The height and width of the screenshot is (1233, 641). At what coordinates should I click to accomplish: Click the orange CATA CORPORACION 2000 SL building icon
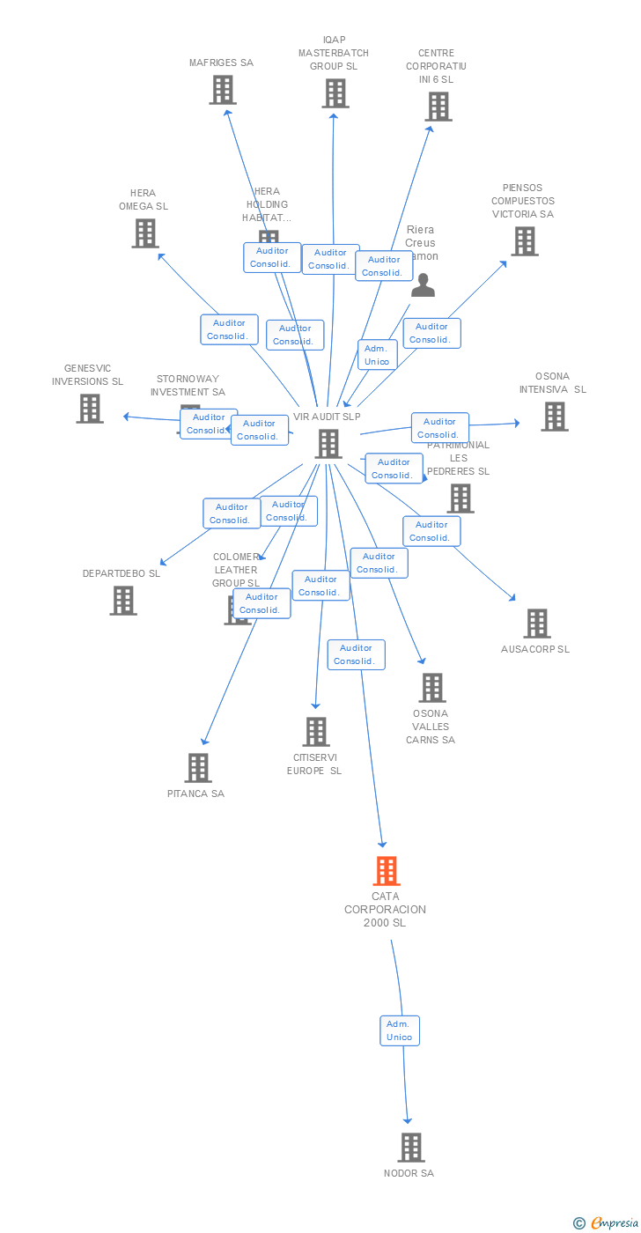(x=387, y=871)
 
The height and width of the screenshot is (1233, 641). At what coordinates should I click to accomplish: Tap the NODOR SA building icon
(x=411, y=1148)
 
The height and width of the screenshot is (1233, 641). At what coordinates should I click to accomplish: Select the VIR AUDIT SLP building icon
(x=328, y=444)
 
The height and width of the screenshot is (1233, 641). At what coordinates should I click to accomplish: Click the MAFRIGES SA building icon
(x=223, y=90)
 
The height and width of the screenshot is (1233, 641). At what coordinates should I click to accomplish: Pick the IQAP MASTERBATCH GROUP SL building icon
(x=335, y=93)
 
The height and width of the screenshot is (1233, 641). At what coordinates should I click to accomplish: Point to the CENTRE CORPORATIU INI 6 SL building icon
(x=438, y=107)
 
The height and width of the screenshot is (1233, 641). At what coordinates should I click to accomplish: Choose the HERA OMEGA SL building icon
(x=145, y=233)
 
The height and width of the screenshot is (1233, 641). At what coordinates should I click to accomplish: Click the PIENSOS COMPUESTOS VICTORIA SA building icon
(x=524, y=241)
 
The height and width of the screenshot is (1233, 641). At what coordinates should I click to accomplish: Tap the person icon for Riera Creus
(x=424, y=285)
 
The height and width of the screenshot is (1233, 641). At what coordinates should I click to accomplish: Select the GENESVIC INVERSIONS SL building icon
(x=89, y=409)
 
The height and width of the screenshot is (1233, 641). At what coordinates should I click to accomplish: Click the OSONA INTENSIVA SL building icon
(x=554, y=417)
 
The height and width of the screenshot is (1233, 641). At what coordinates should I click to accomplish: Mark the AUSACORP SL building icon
(x=536, y=624)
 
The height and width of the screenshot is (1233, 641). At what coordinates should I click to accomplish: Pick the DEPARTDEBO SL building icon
(x=123, y=601)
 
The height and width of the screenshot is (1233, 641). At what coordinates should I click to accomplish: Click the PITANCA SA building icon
(x=198, y=768)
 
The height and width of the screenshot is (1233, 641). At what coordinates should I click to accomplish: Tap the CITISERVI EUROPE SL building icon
(x=316, y=732)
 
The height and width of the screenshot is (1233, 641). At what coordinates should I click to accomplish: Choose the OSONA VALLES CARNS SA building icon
(x=431, y=688)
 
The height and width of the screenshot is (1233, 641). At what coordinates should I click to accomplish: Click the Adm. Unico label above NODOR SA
(x=399, y=1030)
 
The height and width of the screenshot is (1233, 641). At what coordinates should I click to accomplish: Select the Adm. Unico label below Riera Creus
(x=377, y=355)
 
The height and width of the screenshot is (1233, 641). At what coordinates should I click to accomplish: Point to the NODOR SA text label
(x=409, y=1173)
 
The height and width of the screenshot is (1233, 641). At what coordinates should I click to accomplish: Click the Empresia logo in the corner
(x=608, y=1222)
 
